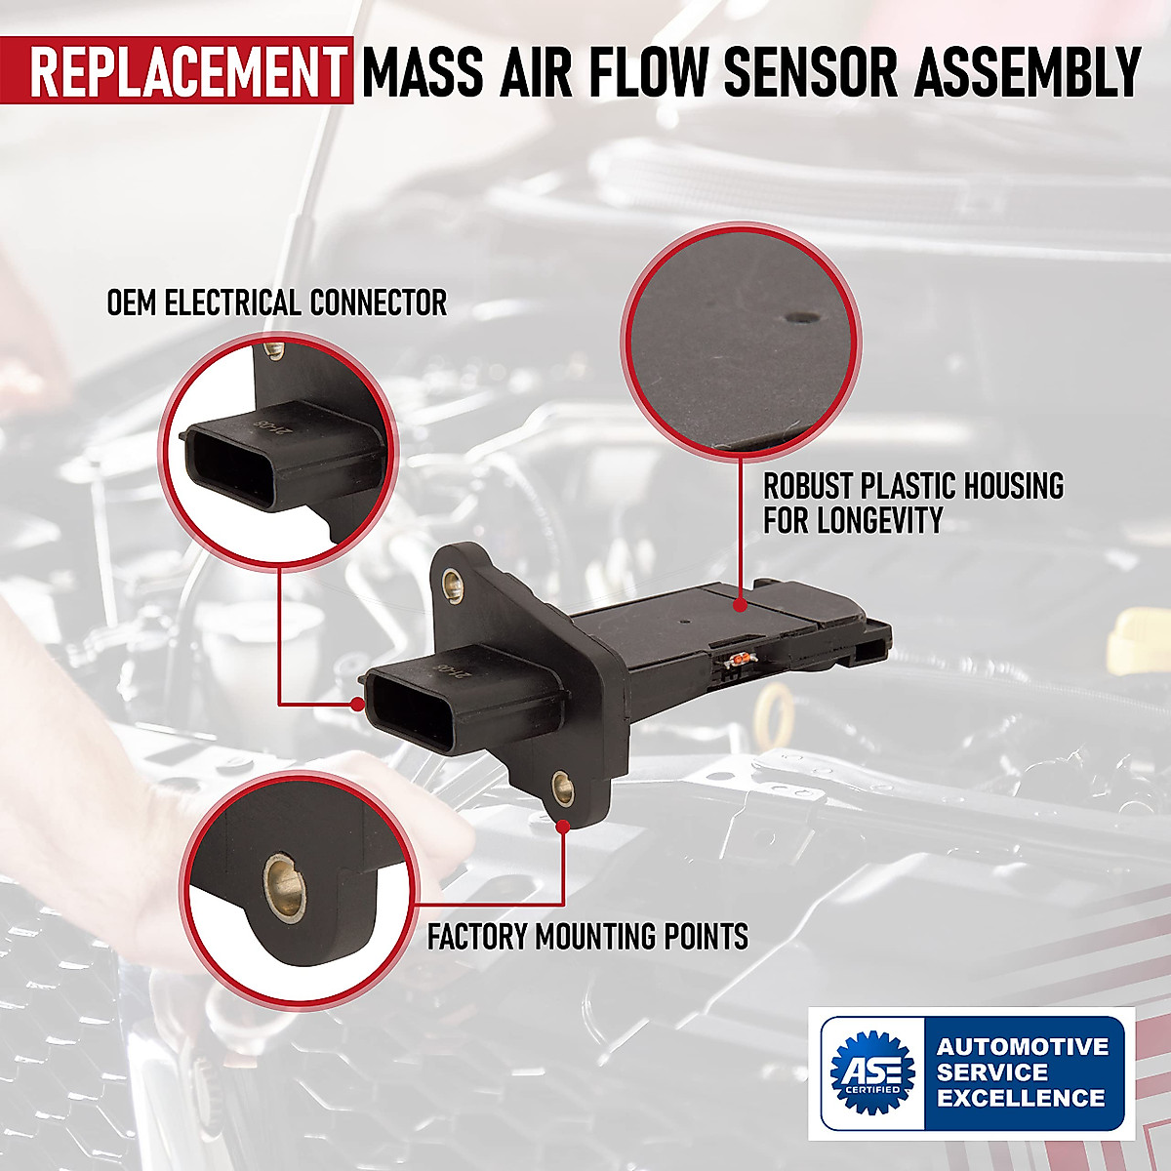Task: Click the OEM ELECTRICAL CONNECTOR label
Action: (x=276, y=303)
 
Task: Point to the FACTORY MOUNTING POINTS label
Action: (x=587, y=937)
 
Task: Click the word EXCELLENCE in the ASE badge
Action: (x=1021, y=1098)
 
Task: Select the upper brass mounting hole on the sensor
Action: (x=452, y=585)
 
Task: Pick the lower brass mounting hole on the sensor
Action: (x=562, y=786)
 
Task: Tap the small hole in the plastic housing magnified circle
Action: (x=802, y=318)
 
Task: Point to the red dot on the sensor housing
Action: (x=741, y=605)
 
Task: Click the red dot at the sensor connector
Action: (x=358, y=702)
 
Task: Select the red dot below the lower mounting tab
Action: (x=563, y=827)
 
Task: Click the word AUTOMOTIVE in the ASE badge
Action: (x=1023, y=1047)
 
